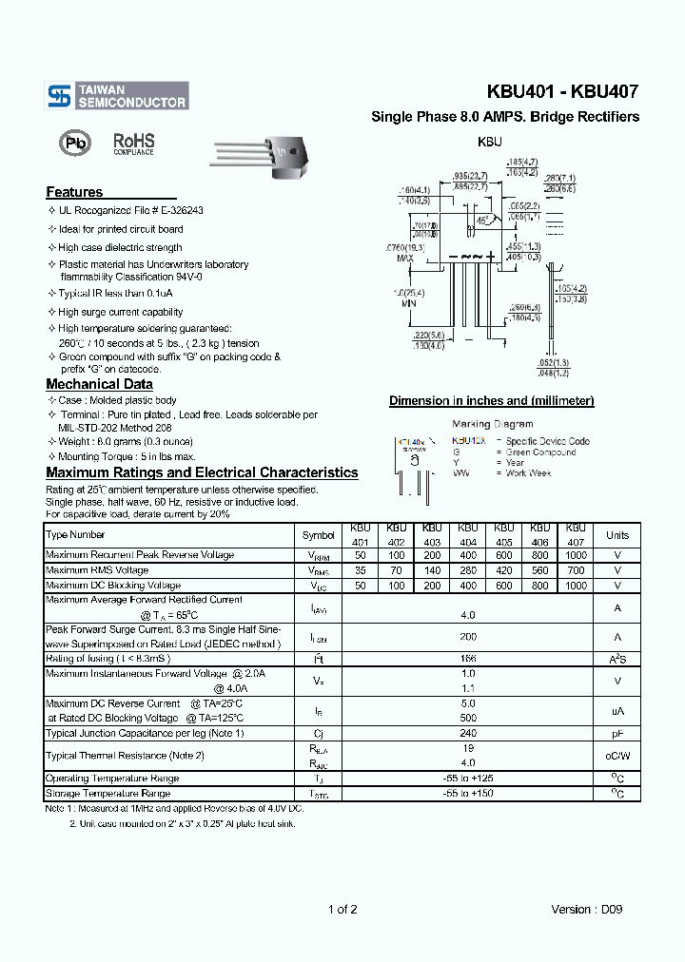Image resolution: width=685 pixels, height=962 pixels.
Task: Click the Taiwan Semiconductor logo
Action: point(118,94)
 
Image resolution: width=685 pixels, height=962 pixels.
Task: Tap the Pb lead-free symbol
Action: point(72,144)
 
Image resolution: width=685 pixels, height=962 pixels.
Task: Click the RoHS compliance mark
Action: point(133,144)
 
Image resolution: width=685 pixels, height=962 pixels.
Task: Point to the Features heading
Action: point(74,192)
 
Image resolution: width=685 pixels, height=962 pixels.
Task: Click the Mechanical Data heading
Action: point(99,384)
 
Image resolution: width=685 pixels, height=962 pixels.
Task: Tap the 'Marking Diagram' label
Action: point(492,424)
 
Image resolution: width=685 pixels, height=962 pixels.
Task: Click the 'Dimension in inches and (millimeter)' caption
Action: point(491,401)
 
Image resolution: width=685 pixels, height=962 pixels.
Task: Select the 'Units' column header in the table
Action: point(617,535)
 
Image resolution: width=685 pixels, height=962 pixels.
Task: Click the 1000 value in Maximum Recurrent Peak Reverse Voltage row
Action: point(575,555)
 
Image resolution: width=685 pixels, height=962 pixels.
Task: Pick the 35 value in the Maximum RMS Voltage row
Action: point(360,570)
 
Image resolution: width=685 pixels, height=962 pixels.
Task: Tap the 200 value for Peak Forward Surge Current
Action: point(467,638)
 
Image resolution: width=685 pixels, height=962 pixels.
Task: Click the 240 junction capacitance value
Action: point(467,733)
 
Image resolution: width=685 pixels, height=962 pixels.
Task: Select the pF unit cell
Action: point(617,733)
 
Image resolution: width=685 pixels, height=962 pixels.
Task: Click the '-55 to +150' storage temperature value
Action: point(467,793)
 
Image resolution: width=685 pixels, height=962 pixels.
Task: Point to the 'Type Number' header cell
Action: point(76,535)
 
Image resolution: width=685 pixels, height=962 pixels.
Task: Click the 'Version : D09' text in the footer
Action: point(587,909)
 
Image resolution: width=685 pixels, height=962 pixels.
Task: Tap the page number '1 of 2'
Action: point(342,909)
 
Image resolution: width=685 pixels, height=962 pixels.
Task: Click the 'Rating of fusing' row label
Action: point(109,658)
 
